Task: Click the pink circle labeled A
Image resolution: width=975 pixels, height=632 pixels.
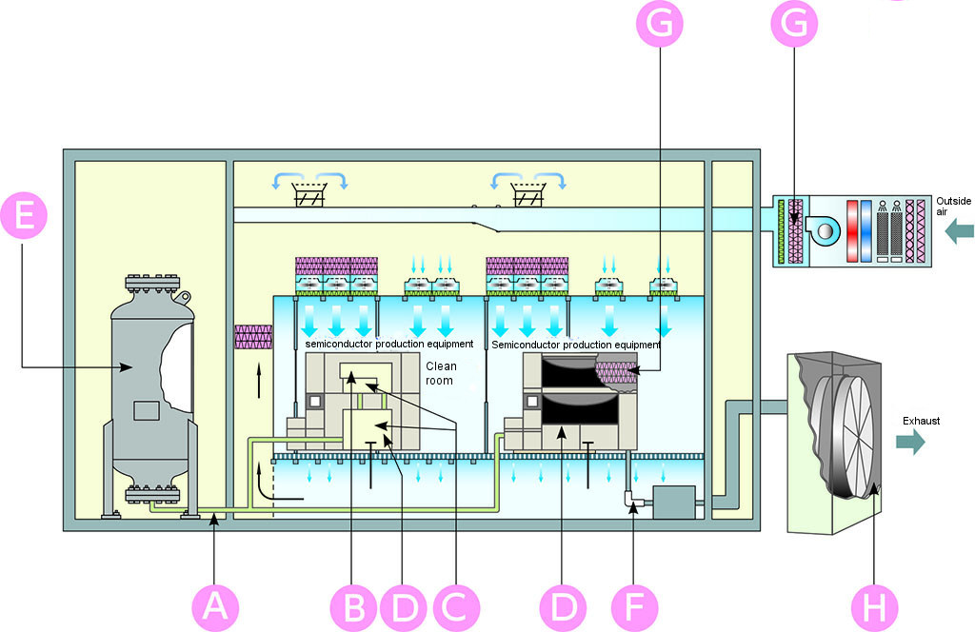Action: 215,607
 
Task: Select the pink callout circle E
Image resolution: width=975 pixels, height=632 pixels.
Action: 24,216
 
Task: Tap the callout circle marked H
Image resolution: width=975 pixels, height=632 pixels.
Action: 874,607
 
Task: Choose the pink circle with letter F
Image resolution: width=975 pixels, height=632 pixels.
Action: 634,607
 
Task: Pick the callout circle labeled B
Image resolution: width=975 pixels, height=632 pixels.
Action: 353,607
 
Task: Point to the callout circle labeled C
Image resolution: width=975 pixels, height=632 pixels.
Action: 456,607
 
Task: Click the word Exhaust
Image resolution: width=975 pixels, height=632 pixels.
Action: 921,421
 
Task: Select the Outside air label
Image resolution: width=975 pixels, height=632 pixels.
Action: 953,207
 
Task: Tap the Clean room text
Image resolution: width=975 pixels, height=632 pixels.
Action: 441,373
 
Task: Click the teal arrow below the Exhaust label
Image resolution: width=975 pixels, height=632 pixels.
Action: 910,442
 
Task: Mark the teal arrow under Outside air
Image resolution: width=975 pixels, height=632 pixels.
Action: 959,232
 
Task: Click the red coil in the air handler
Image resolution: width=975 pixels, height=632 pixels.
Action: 852,230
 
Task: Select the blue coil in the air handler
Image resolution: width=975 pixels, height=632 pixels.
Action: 866,230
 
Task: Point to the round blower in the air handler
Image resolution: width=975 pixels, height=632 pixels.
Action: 822,230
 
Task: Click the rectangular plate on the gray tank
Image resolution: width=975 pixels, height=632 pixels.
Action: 146,411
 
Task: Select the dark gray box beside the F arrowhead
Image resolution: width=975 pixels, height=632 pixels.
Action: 673,503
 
